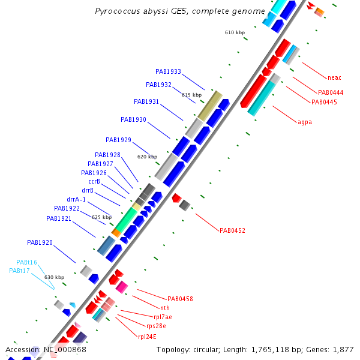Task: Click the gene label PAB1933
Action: tap(168, 71)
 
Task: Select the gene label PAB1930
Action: tap(133, 119)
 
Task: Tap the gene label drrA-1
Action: tap(76, 199)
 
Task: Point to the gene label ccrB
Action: tap(94, 181)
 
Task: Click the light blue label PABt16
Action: tap(26, 262)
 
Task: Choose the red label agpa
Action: tap(305, 122)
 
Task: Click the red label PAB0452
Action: tap(232, 230)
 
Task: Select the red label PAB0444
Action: tap(331, 92)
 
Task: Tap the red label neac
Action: tap(334, 77)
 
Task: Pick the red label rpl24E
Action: tap(148, 337)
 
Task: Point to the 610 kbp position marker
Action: tap(235, 32)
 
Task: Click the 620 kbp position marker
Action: tap(147, 157)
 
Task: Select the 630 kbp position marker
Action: tap(54, 277)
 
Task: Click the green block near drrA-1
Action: tap(125, 220)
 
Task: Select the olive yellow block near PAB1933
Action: tap(210, 105)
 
